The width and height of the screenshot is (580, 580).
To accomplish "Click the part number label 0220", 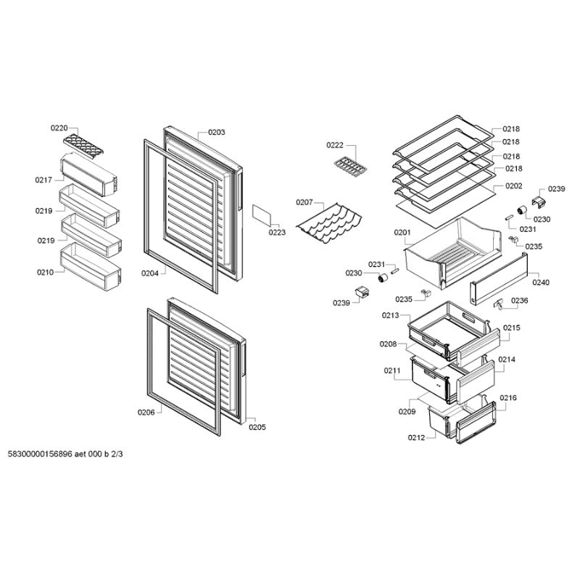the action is pyautogui.click(x=59, y=128).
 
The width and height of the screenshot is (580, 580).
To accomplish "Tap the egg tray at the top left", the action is pyautogui.click(x=83, y=146).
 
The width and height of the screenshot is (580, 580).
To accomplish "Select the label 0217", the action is pyautogui.click(x=43, y=180).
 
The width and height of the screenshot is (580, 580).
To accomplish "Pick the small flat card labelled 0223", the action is pyautogui.click(x=262, y=215).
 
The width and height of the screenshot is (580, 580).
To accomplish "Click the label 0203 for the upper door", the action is pyautogui.click(x=216, y=132).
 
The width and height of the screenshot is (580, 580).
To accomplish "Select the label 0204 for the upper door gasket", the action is pyautogui.click(x=150, y=273).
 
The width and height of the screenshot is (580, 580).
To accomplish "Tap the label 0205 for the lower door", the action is pyautogui.click(x=257, y=427).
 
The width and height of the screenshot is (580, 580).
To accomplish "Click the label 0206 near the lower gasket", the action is pyautogui.click(x=146, y=413).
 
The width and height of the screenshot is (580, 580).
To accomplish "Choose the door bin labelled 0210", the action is pyautogui.click(x=91, y=266).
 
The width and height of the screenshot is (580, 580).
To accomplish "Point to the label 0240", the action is pyautogui.click(x=541, y=283).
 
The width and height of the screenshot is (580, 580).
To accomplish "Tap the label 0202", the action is pyautogui.click(x=514, y=186).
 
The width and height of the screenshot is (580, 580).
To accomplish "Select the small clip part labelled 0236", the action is pyautogui.click(x=499, y=304).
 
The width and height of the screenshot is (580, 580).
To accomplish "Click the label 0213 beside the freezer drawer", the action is pyautogui.click(x=391, y=315).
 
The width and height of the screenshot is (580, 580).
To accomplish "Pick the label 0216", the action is pyautogui.click(x=508, y=398).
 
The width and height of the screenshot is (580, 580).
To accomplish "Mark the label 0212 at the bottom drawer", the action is pyautogui.click(x=416, y=438).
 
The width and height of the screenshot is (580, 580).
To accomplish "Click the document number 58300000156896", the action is pyautogui.click(x=40, y=454).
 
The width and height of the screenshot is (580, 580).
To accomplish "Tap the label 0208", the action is pyautogui.click(x=388, y=344).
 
